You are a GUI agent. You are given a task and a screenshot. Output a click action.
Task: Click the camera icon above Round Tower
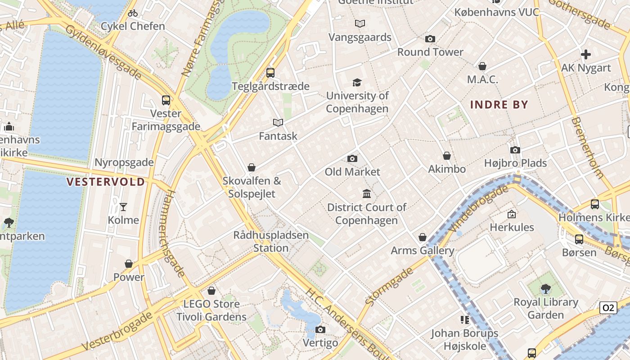[430, 39]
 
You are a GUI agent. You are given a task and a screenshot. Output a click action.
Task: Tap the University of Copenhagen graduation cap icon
[357, 82]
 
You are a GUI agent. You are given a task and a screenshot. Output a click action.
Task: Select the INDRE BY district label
[499, 105]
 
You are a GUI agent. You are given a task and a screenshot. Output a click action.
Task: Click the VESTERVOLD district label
[106, 182]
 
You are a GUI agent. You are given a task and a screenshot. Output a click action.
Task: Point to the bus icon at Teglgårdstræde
[270, 72]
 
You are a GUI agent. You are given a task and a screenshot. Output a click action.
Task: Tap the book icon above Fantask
[278, 122]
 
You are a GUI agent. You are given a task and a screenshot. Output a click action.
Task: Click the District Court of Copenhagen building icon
[367, 194]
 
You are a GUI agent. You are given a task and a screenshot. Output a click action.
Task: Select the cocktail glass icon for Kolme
[123, 207]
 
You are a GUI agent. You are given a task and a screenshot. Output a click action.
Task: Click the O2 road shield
[608, 308]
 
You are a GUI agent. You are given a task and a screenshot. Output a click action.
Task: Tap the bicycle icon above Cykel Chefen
[133, 13]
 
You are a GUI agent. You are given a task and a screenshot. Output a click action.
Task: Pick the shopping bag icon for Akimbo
[447, 156]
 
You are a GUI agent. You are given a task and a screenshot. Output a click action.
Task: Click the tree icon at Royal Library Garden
[546, 288]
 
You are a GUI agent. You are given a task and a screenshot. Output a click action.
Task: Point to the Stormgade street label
[390, 286]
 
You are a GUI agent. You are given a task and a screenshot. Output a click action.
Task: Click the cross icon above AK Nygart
[586, 55]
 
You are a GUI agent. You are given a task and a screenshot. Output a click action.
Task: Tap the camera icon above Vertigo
[320, 330]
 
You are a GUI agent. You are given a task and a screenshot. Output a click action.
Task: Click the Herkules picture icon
[512, 214]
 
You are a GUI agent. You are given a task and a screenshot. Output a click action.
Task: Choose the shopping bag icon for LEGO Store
[211, 291]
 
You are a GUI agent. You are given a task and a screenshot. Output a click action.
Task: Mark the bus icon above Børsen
[579, 239]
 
